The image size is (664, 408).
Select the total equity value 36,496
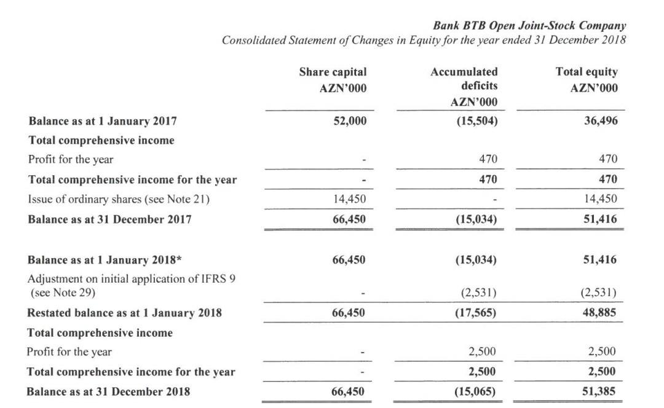[x=601, y=121]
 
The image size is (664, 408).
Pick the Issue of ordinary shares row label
[x=116, y=198]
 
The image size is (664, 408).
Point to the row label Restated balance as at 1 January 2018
[x=125, y=313]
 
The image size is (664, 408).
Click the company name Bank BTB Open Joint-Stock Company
[x=529, y=26]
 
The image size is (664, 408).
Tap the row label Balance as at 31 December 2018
[x=109, y=391]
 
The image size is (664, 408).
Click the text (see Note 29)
[x=63, y=292]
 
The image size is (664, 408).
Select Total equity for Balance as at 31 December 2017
[x=601, y=219]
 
